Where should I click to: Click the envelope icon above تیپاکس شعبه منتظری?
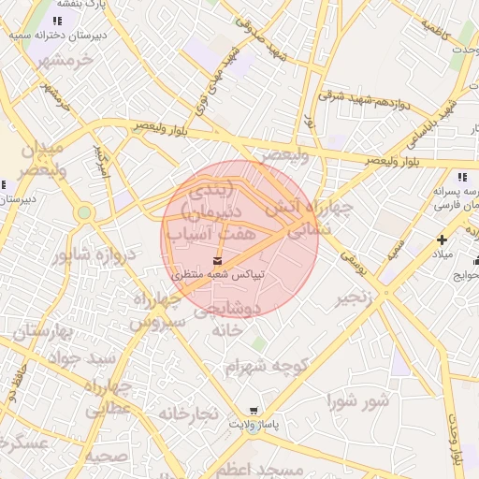(217, 259)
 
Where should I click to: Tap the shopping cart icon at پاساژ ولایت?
(254, 410)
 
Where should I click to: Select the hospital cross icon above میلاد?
(442, 239)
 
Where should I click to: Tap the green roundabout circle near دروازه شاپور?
(84, 212)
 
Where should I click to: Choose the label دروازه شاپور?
(94, 254)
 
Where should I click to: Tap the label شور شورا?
(357, 401)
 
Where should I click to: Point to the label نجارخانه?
(187, 413)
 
